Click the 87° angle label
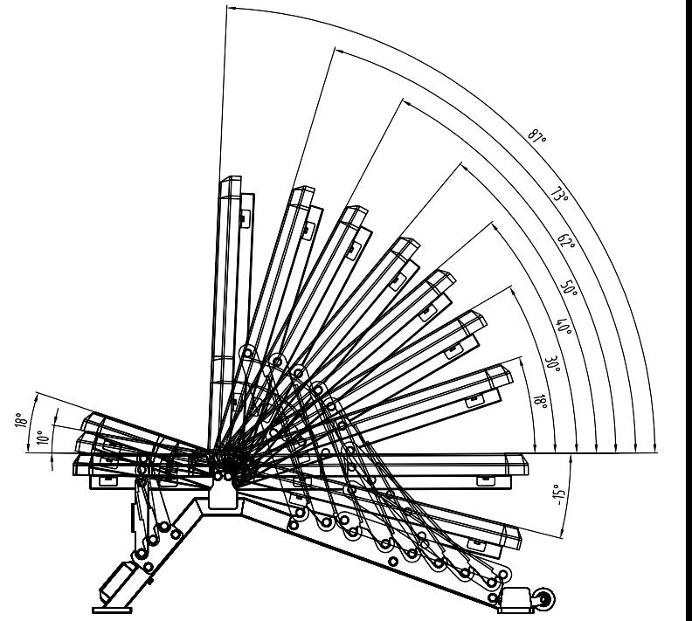point(537,135)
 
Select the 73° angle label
point(559,194)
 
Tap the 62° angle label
point(566,241)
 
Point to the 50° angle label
point(569,287)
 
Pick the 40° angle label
point(564,326)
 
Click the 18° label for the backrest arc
point(541,402)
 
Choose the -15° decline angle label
point(557,495)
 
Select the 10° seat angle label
point(43,437)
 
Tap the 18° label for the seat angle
point(21,419)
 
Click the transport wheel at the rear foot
point(545,599)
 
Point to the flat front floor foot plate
point(112,610)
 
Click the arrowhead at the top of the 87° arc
point(230,8)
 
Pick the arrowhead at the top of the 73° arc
point(339,51)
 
